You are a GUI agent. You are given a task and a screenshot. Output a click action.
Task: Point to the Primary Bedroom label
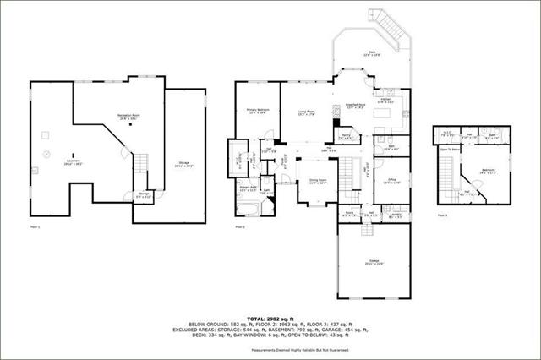[x=258, y=111]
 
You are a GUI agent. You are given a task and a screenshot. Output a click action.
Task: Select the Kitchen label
[x=388, y=101]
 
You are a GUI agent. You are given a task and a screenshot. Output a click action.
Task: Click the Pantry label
[x=346, y=135]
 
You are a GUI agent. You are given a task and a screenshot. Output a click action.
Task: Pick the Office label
[x=391, y=180]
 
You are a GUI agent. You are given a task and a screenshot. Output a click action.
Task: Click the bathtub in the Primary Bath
[x=248, y=190]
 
